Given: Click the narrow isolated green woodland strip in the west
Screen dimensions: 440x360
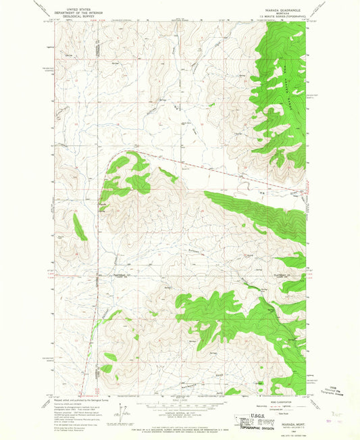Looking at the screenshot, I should pyautogui.click(x=80, y=226).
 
